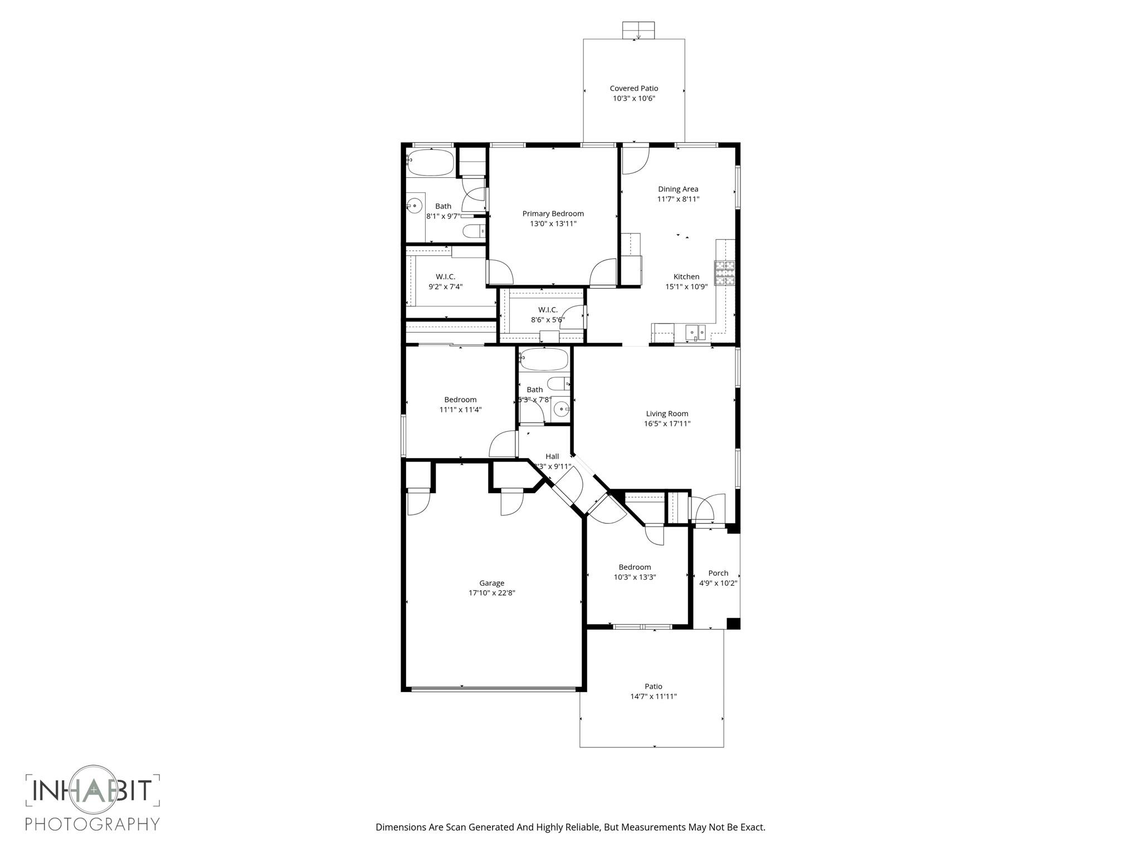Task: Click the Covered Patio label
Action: point(633,88)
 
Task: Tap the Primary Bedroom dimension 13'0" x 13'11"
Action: point(553,223)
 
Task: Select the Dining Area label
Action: point(678,189)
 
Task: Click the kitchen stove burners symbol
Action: point(725,273)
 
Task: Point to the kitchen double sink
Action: point(695,332)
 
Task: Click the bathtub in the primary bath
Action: point(430,162)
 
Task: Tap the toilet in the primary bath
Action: point(474,231)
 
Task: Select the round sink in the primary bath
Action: point(414,206)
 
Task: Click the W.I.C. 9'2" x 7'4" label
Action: point(445,277)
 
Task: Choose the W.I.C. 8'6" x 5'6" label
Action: point(548,310)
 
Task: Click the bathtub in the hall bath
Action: point(543,359)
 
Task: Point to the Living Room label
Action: point(667,414)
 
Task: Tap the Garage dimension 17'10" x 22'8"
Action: point(491,593)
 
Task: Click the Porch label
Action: point(718,573)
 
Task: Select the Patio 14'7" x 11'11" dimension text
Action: point(653,696)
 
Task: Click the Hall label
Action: point(552,456)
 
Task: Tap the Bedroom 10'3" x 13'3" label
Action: point(635,567)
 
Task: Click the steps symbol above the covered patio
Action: point(638,30)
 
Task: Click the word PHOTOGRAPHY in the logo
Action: point(92,823)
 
